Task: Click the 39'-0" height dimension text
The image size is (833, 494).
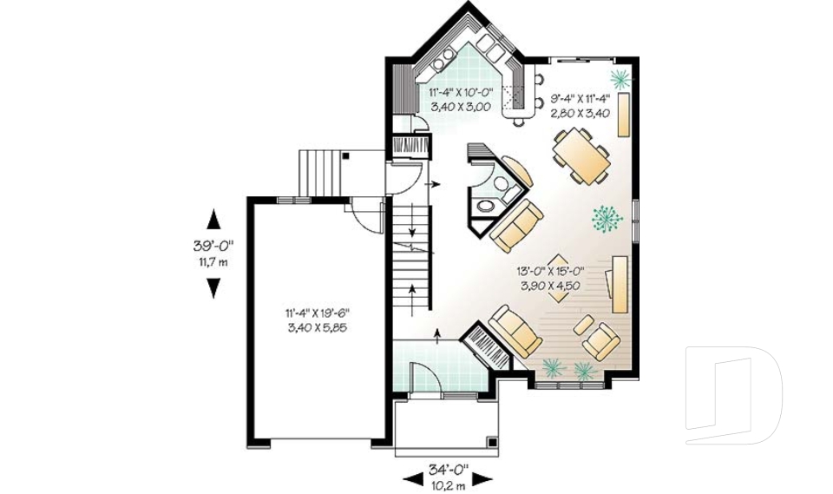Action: tap(213, 246)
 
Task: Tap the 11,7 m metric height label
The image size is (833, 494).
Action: tap(213, 260)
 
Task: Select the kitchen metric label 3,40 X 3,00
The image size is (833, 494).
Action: tap(459, 107)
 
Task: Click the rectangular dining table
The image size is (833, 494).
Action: tap(581, 156)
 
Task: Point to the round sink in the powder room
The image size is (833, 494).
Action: tap(485, 207)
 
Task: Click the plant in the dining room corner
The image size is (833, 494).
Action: tap(620, 81)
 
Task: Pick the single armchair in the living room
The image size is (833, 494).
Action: tap(600, 341)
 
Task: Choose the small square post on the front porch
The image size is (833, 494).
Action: tap(492, 447)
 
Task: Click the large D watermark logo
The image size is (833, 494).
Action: tap(733, 395)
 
